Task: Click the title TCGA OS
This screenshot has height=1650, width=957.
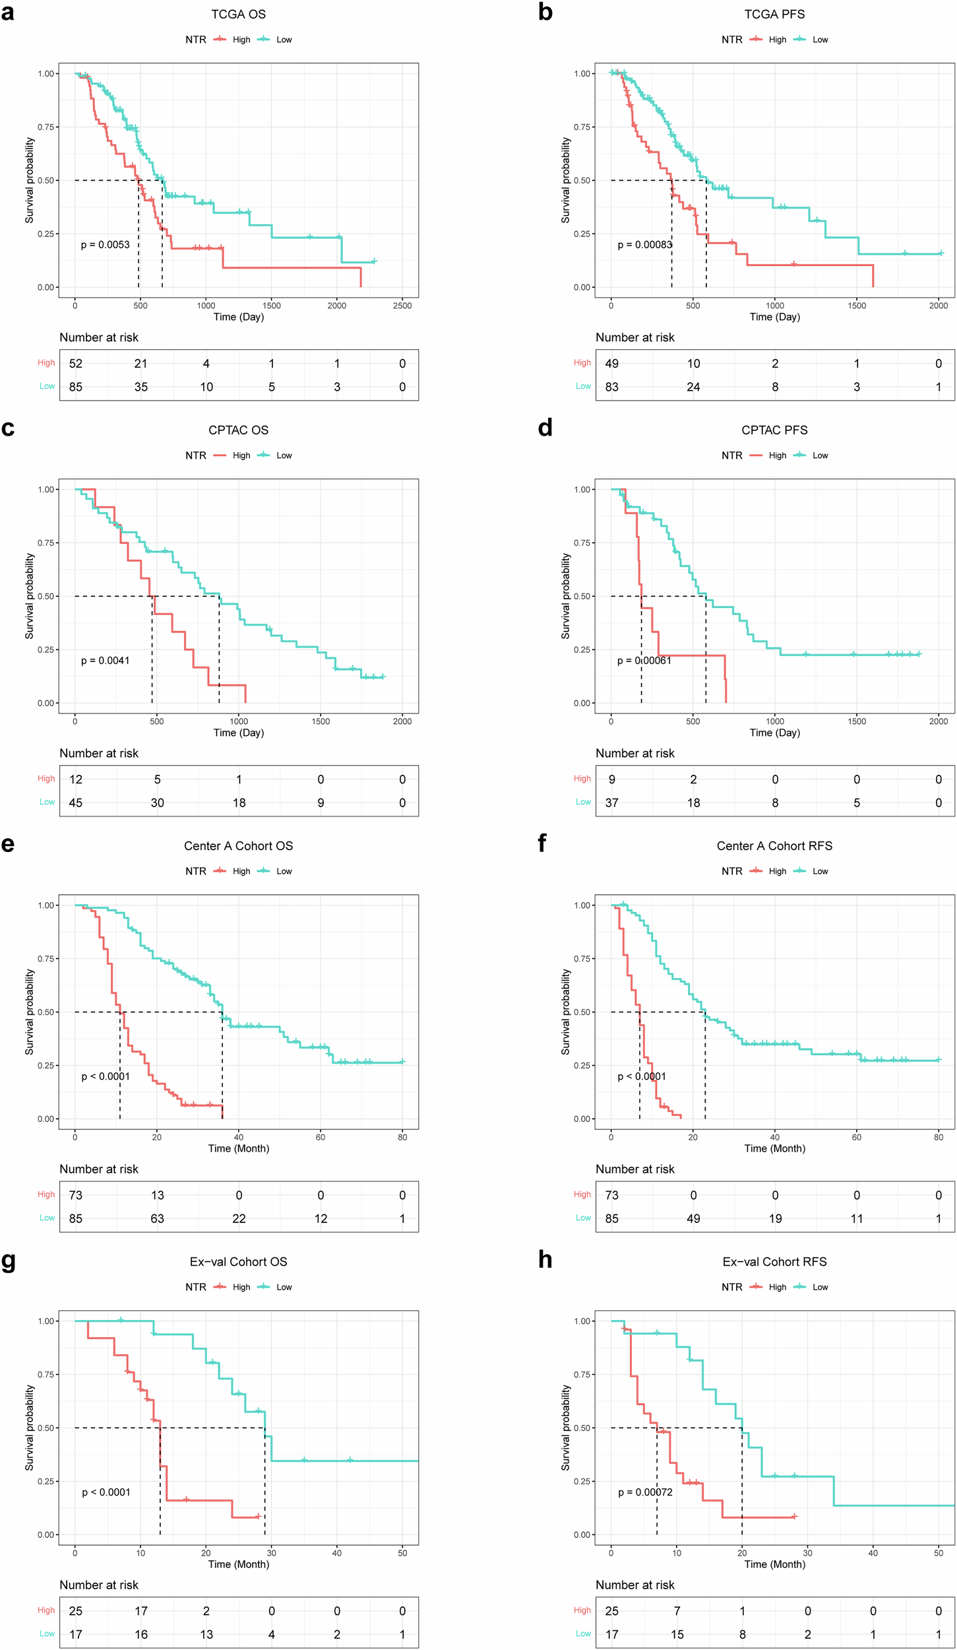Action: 238,15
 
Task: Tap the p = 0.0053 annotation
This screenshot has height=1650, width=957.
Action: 106,245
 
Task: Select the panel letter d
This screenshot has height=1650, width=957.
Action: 545,428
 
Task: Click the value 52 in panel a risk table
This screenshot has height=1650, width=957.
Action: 76,364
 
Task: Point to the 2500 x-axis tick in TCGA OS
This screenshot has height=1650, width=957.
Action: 402,306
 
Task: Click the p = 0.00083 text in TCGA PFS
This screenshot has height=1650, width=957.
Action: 644,245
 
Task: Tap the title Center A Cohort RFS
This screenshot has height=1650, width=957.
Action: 774,846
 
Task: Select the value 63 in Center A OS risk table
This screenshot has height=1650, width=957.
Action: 157,1218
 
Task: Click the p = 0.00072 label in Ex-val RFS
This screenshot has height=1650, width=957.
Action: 645,1492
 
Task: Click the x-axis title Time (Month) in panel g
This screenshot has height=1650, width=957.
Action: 238,1564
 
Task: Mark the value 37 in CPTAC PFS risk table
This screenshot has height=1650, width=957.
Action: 612,803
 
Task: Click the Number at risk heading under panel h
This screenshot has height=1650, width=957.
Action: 634,1585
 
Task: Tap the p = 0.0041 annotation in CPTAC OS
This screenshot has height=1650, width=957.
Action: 106,661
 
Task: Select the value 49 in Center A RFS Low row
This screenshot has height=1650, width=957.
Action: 693,1218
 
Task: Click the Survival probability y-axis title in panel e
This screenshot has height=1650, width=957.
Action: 30,1012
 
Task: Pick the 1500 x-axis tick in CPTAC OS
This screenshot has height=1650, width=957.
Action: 321,721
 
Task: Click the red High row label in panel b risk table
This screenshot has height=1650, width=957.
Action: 582,363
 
